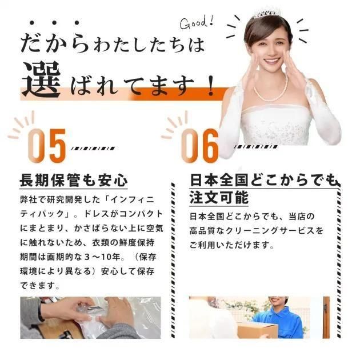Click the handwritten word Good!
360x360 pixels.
tap(197, 23)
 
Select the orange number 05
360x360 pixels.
tap(47, 146)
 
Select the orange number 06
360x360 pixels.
tap(200, 146)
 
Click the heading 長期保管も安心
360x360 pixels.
tap(74, 180)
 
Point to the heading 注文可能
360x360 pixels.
tap(219, 198)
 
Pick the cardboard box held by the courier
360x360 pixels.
tap(258, 330)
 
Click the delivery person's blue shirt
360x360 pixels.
tap(282, 321)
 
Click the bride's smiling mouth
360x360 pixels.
tap(272, 61)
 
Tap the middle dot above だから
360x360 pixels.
tap(54, 23)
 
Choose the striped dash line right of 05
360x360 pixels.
tap(93, 149)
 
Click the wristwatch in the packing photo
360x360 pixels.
tap(41, 310)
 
